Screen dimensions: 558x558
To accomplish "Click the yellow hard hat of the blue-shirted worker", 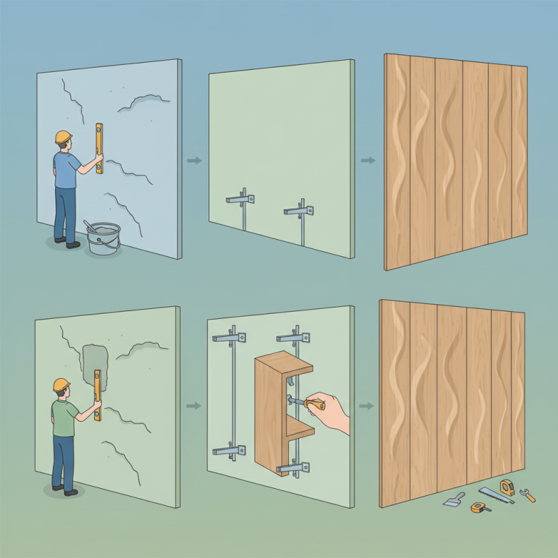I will (64, 136).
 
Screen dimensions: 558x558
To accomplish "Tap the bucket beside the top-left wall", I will (104, 239).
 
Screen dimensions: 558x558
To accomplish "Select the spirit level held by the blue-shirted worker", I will (99, 149).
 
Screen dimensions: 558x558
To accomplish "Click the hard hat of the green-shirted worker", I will (62, 384).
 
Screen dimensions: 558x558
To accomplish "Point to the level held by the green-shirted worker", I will (97, 395).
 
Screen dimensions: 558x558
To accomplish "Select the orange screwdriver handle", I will (315, 403).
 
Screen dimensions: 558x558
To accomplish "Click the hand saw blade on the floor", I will (497, 495).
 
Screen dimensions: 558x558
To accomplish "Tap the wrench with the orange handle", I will (528, 496).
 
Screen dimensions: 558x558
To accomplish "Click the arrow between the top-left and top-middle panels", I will (195, 161).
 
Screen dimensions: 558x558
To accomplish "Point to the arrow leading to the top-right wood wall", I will (367, 161).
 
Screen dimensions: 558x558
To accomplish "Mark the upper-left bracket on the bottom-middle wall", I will (231, 338).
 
